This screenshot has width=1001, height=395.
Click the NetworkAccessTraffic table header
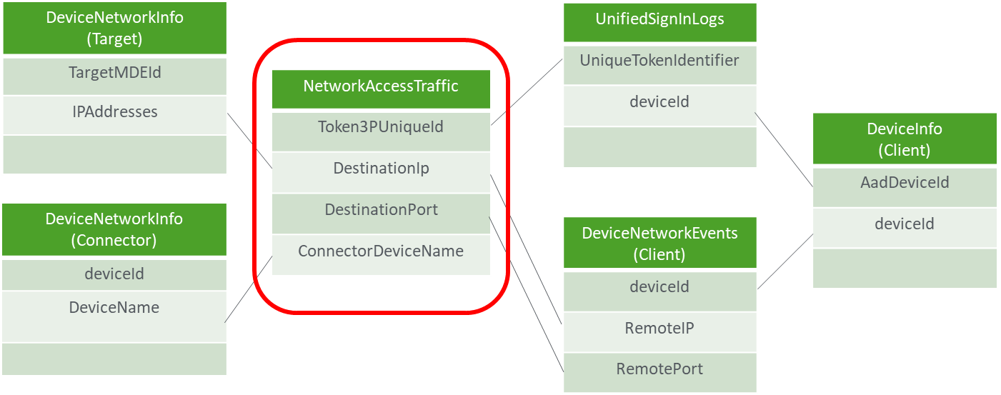(381, 87)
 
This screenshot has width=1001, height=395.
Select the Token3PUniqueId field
(381, 127)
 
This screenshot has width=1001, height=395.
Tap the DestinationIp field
(381, 169)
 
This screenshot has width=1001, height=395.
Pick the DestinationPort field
(381, 210)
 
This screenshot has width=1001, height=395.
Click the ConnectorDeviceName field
(381, 251)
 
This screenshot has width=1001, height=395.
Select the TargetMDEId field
(114, 72)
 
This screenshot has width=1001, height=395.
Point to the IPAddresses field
(114, 112)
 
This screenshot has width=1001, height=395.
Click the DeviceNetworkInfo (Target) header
(114, 29)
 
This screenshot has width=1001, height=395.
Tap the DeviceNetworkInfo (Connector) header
(114, 229)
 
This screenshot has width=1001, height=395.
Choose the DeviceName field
(114, 308)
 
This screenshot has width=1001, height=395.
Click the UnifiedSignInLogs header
(659, 20)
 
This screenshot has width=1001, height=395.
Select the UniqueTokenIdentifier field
(659, 61)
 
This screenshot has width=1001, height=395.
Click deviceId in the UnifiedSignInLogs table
(659, 102)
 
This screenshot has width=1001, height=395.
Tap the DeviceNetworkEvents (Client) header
(659, 244)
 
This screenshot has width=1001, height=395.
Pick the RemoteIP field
(659, 328)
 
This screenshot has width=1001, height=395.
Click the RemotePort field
(659, 369)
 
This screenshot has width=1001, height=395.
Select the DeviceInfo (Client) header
(904, 139)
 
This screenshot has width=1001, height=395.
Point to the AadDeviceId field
(904, 183)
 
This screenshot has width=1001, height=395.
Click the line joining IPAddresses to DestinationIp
(250, 141)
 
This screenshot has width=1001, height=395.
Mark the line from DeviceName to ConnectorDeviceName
(249, 289)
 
